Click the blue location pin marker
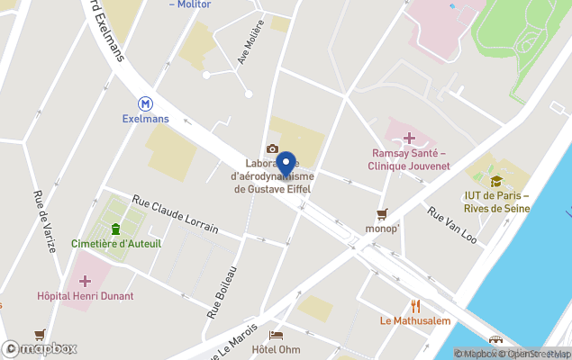pos(286,165)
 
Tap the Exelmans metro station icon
pos(145,103)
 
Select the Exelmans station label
pos(145,119)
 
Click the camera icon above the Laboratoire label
pos(272,149)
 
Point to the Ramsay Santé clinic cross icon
pos(409,138)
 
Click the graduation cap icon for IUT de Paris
pos(496,181)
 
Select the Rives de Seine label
pos(496,208)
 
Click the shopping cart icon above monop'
pos(382,213)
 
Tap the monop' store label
pos(382,229)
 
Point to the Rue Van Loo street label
pos(452,226)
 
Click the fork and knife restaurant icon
pos(415,305)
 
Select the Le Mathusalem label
pos(415,320)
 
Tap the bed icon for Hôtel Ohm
pos(276,335)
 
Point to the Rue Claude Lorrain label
pos(176,214)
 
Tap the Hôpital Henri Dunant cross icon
pos(85,281)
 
